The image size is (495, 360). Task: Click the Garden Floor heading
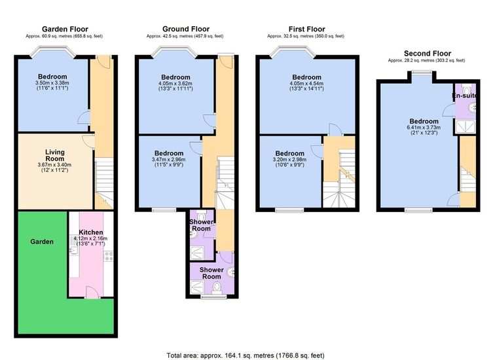(65, 29)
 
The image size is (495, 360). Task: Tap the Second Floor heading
(428, 53)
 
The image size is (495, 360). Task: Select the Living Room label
(54, 155)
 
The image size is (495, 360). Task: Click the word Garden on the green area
(42, 242)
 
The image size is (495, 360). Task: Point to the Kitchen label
(90, 232)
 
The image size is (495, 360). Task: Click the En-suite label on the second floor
(464, 96)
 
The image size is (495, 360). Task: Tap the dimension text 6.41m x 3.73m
(424, 128)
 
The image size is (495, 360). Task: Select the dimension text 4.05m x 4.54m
(306, 83)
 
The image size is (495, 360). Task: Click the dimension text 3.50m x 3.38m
(52, 82)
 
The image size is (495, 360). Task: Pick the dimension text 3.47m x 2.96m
(168, 159)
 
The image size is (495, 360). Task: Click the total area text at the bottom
(246, 355)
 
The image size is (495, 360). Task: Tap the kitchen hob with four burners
(109, 256)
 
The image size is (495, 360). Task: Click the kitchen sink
(73, 250)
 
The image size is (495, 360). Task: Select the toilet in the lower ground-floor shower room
(217, 288)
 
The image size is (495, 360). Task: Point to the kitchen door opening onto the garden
(92, 292)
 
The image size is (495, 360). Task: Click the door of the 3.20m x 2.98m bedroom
(317, 151)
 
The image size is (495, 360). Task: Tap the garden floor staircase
(104, 183)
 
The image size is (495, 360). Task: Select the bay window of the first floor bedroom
(292, 52)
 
